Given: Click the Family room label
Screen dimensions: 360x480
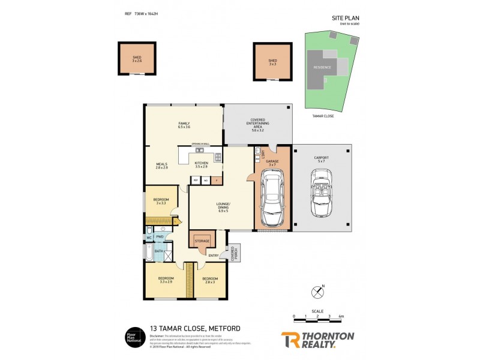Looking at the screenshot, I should (184, 125).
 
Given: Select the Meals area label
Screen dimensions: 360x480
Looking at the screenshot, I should (162, 166).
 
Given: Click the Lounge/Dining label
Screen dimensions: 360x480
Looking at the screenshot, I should (223, 205).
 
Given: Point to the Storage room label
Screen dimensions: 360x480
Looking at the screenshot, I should (202, 241).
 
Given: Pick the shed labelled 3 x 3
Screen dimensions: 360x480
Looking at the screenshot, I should (272, 62).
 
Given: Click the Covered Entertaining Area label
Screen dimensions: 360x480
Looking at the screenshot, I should (257, 124).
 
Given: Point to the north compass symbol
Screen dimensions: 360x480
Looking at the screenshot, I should (318, 292).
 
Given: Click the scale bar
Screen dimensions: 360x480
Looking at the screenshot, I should (317, 318).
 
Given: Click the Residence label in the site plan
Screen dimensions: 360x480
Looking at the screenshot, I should (322, 67).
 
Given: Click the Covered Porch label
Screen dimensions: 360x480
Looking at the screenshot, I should (234, 254).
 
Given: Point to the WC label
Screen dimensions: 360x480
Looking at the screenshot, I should (149, 238).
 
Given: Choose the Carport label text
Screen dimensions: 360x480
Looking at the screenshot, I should (322, 160).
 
